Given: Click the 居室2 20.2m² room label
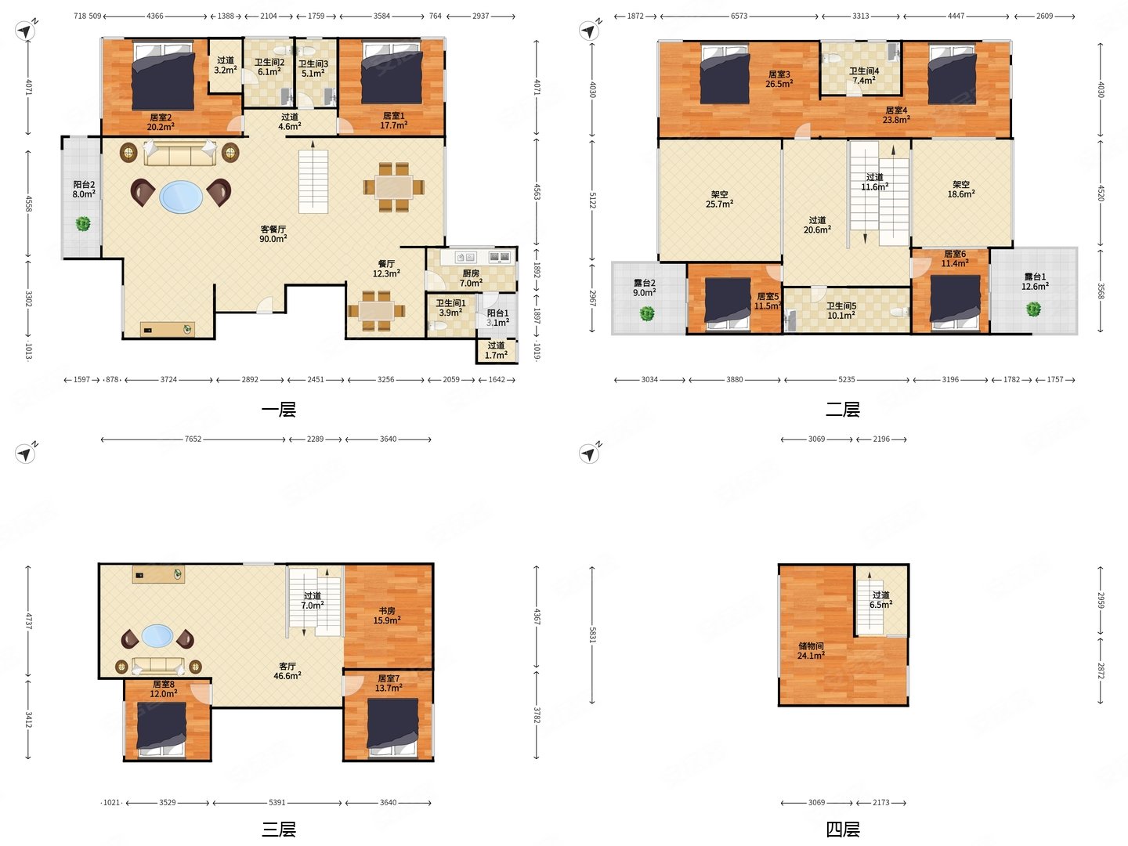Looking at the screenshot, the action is pyautogui.click(x=161, y=121).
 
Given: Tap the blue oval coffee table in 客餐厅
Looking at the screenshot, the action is pyautogui.click(x=181, y=196).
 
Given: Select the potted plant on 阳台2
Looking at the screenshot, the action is pyautogui.click(x=83, y=224).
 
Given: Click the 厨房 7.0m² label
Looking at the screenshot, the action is pyautogui.click(x=471, y=278).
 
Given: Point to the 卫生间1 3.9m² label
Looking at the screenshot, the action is pyautogui.click(x=450, y=308).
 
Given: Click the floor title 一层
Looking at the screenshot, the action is pyautogui.click(x=279, y=410).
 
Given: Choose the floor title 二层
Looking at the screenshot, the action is pyautogui.click(x=843, y=410).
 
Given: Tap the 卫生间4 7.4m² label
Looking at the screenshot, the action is pyautogui.click(x=864, y=75).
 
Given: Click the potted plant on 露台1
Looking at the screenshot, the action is pyautogui.click(x=1033, y=309).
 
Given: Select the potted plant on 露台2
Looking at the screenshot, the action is pyautogui.click(x=647, y=313).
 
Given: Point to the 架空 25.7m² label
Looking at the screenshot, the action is pyautogui.click(x=719, y=199).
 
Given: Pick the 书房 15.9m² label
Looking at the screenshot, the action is pyautogui.click(x=387, y=616).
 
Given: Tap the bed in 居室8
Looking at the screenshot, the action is pyautogui.click(x=161, y=729).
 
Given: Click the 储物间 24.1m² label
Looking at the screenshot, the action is pyautogui.click(x=811, y=651).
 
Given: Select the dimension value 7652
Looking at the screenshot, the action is pyautogui.click(x=193, y=439).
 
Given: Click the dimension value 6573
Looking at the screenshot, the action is pyautogui.click(x=739, y=16).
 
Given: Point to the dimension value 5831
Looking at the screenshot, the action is pyautogui.click(x=592, y=634).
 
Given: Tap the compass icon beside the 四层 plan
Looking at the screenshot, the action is pyautogui.click(x=589, y=454).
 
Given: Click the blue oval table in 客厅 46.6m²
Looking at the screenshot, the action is pyautogui.click(x=157, y=636).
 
